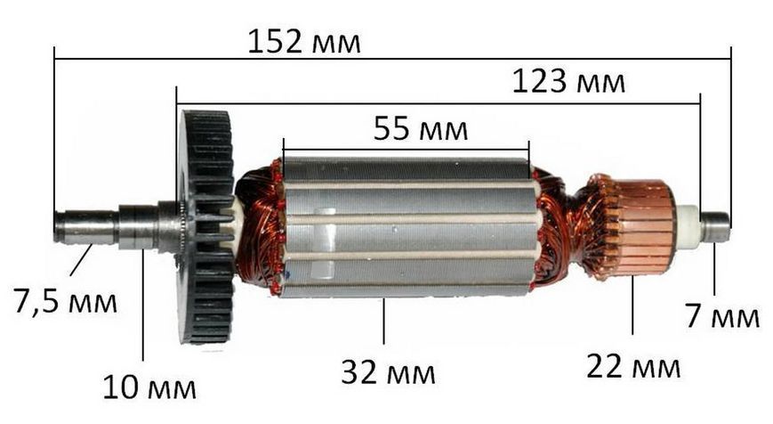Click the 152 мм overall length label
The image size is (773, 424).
[x=303, y=42]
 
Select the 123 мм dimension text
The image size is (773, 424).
[x=568, y=81]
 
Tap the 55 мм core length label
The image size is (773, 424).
[x=421, y=128]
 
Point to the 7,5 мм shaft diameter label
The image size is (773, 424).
[x=66, y=301]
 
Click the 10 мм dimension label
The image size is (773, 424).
[x=149, y=387]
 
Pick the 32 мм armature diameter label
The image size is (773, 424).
[x=389, y=372]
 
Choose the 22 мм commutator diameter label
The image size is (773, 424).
[x=633, y=367]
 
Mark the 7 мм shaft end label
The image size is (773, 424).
[x=722, y=316]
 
